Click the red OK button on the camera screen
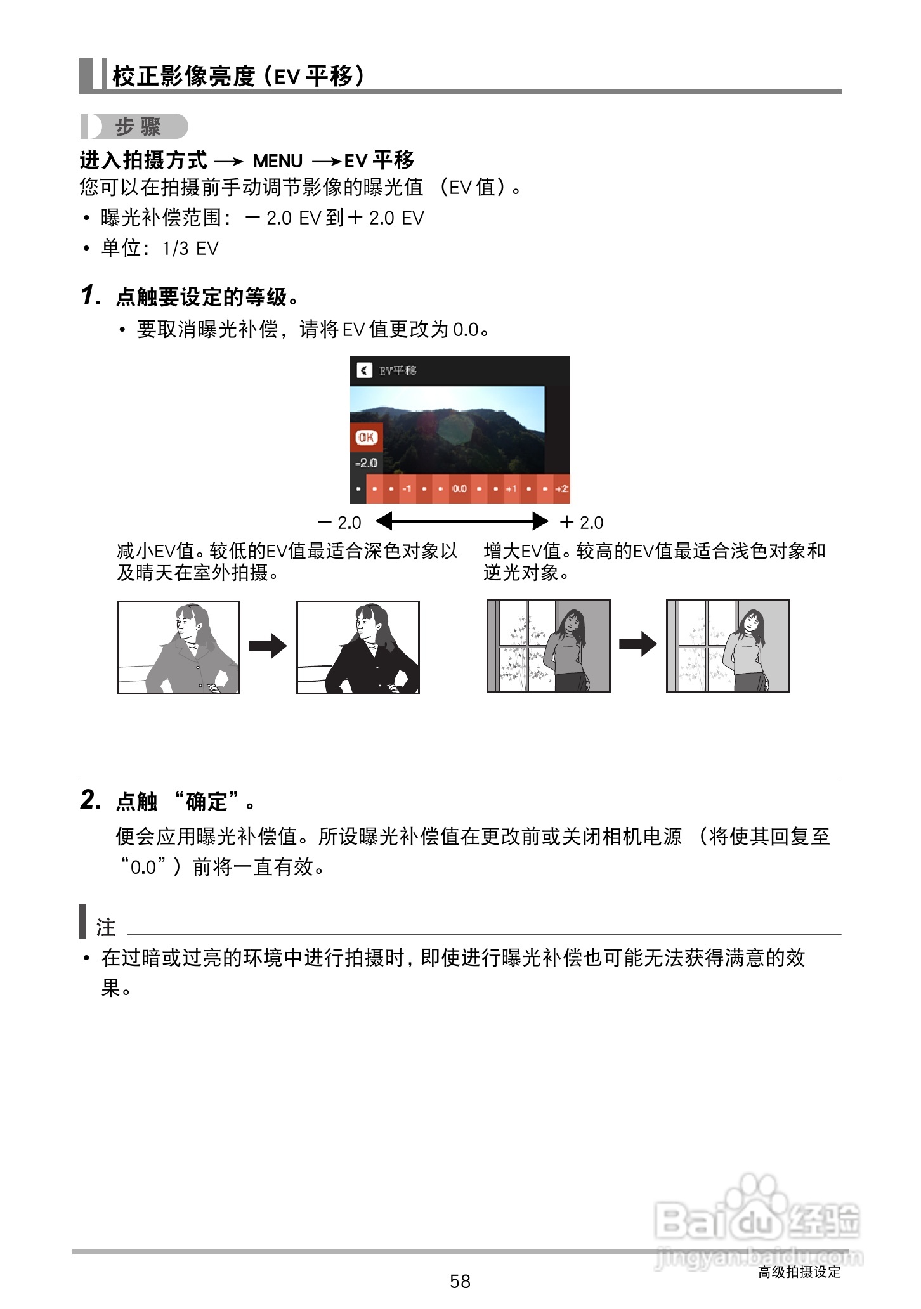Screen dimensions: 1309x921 click(366, 437)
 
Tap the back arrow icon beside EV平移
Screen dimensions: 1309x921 click(363, 370)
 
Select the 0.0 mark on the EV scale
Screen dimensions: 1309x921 click(459, 489)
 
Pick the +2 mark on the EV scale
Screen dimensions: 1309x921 click(561, 489)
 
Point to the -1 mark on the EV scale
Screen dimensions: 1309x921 click(407, 489)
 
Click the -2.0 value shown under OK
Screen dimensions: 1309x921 click(366, 463)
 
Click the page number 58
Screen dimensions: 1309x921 click(460, 1282)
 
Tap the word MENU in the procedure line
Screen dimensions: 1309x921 click(278, 161)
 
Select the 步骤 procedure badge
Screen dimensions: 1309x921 click(137, 127)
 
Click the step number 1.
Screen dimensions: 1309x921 click(90, 296)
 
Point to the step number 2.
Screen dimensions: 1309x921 click(90, 800)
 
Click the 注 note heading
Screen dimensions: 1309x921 click(105, 927)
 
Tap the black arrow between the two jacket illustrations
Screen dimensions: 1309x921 click(268, 647)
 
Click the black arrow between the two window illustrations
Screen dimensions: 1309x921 click(638, 644)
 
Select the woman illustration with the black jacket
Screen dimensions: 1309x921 click(358, 647)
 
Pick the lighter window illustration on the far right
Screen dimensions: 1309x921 click(728, 645)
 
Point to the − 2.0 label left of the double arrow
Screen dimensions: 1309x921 click(340, 523)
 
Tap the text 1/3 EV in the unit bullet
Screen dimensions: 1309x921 click(190, 249)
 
